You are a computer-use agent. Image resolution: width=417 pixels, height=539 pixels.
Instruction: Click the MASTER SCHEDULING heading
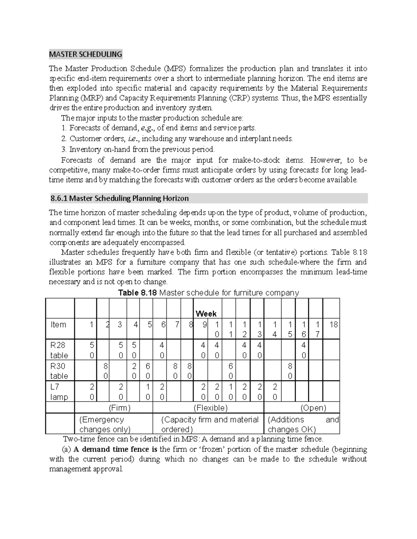pyautogui.click(x=85, y=54)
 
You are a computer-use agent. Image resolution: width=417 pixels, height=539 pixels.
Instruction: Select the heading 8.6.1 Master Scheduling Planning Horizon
pyautogui.click(x=120, y=199)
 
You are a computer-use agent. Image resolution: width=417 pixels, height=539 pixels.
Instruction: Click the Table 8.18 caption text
pyautogui.click(x=208, y=293)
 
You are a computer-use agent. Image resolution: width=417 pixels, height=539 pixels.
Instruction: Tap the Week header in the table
pyautogui.click(x=206, y=314)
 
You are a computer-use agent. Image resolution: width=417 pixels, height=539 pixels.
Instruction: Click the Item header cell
pyautogui.click(x=58, y=325)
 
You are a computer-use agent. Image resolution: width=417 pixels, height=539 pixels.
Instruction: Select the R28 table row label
pyautogui.click(x=59, y=350)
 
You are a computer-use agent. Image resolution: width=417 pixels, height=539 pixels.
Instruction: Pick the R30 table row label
pyautogui.click(x=59, y=371)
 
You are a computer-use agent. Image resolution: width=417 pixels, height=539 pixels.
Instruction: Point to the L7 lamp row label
pyautogui.click(x=59, y=391)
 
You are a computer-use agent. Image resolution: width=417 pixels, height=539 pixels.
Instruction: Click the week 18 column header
pyautogui.click(x=333, y=325)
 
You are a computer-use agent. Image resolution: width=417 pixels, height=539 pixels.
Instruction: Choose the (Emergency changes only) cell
pyautogui.click(x=105, y=424)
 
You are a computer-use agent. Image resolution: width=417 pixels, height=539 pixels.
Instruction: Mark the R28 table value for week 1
pyautogui.click(x=91, y=350)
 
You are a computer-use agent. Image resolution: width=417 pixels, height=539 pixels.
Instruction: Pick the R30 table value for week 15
pyautogui.click(x=290, y=371)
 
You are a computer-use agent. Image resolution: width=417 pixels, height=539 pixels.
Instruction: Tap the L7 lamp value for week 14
pyautogui.click(x=275, y=391)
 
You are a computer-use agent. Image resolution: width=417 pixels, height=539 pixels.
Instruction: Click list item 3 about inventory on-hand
pyautogui.click(x=138, y=149)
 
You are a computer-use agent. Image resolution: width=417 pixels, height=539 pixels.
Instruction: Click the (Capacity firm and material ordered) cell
pyautogui.click(x=210, y=424)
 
